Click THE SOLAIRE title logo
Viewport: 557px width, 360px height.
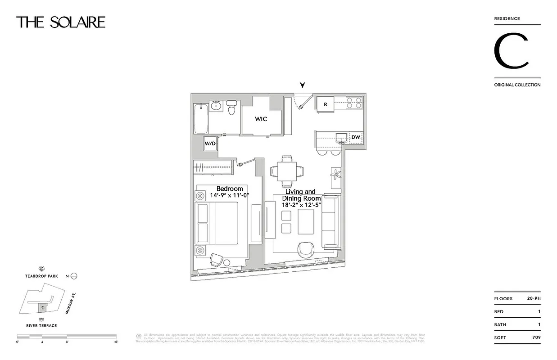click(61, 22)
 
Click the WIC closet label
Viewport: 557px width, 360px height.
click(261, 119)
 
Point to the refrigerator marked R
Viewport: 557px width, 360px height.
click(325, 104)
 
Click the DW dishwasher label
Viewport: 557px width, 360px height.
click(355, 137)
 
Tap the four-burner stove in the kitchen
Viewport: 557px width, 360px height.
click(354, 103)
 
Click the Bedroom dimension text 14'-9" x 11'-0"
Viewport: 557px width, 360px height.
click(229, 195)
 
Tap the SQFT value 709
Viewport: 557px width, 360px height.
click(535, 337)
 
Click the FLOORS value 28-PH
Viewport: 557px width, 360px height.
click(534, 299)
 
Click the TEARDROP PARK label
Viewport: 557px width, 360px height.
click(41, 276)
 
